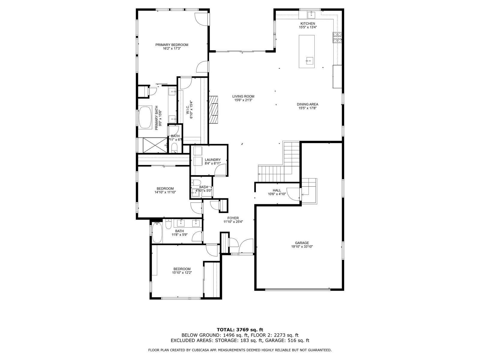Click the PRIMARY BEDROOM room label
click(x=172, y=45)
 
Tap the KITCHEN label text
click(x=308, y=24)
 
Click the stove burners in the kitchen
click(x=337, y=37)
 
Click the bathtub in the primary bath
click(x=145, y=117)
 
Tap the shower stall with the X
click(x=155, y=145)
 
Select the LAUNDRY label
click(x=213, y=160)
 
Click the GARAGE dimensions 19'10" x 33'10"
click(x=302, y=247)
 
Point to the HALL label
click(x=277, y=190)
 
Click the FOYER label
click(x=233, y=218)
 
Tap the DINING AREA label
click(x=307, y=104)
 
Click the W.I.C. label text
click(x=187, y=110)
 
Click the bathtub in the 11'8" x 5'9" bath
click(x=157, y=232)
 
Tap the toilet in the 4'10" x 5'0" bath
click(x=196, y=182)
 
